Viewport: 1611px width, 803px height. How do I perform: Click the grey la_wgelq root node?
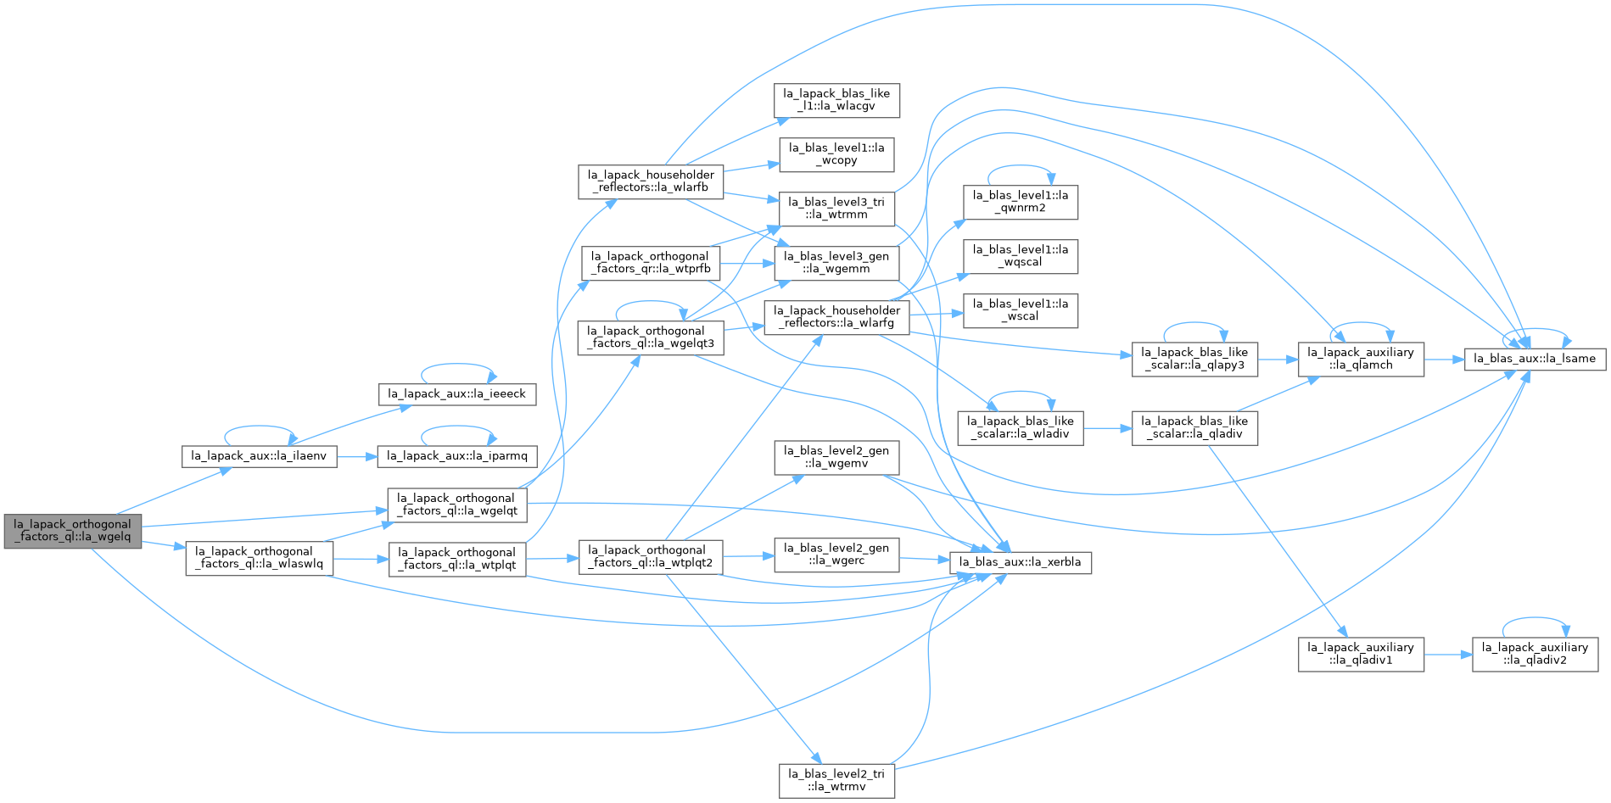pyautogui.click(x=73, y=531)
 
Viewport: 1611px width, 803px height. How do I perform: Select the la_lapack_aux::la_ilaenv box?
pyautogui.click(x=259, y=456)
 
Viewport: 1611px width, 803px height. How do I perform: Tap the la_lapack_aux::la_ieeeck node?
pyautogui.click(x=456, y=394)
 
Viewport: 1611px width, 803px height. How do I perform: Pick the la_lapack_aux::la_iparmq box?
pyautogui.click(x=456, y=456)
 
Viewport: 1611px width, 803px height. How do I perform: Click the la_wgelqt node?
pyautogui.click(x=457, y=505)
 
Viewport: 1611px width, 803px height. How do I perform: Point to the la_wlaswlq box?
pyautogui.click(x=260, y=558)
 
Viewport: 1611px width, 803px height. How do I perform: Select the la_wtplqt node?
pyautogui.click(x=457, y=559)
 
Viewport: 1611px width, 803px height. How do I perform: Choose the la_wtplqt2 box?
pyautogui.click(x=651, y=557)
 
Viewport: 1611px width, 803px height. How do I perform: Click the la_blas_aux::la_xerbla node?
pyautogui.click(x=1020, y=562)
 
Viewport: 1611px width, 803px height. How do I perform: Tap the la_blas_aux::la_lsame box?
pyautogui.click(x=1535, y=359)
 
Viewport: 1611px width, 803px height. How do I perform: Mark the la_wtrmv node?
pyautogui.click(x=836, y=780)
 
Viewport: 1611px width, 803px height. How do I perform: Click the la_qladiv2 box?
pyautogui.click(x=1535, y=654)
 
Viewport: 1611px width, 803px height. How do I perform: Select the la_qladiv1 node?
pyautogui.click(x=1361, y=654)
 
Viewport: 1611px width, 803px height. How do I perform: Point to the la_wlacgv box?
pyautogui.click(x=836, y=100)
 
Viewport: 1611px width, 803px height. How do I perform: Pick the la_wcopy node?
pyautogui.click(x=836, y=154)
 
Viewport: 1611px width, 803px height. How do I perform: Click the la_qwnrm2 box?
pyautogui.click(x=1021, y=202)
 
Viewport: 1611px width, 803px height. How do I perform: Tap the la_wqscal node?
pyautogui.click(x=1021, y=256)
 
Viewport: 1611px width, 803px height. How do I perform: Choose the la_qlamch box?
pyautogui.click(x=1361, y=359)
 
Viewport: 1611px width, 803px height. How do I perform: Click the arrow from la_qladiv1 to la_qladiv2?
pyautogui.click(x=1448, y=655)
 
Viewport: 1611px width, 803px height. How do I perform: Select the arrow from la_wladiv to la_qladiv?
pyautogui.click(x=1107, y=428)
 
